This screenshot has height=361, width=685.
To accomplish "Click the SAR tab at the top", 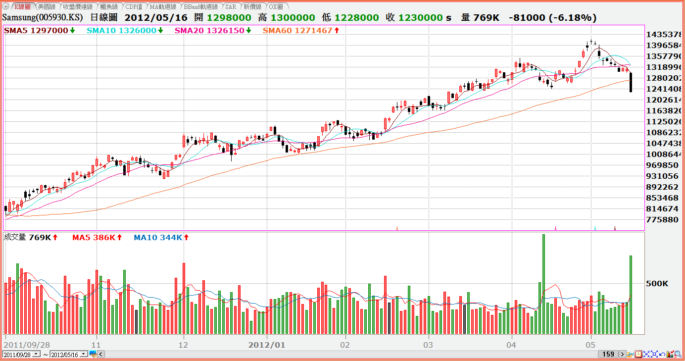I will [231, 7].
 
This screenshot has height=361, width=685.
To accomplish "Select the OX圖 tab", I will [276, 7].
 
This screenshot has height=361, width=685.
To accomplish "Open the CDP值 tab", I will [134, 7].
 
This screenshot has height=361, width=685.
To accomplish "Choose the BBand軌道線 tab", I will [201, 7].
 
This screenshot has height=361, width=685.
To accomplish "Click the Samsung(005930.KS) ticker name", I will [43, 17].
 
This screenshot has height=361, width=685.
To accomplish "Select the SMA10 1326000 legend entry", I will [125, 30].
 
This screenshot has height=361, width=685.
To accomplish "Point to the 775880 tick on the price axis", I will [662, 220].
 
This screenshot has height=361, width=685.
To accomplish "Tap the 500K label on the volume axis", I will [658, 284].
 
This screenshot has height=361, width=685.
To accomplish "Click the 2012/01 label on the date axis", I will [267, 344].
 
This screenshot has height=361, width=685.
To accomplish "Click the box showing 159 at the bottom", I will [608, 354].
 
